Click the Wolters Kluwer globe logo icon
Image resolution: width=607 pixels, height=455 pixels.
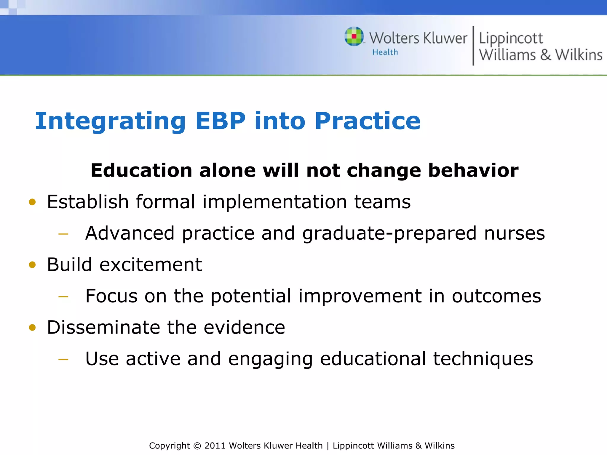[x=354, y=36]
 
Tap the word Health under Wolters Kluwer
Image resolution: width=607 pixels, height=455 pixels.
[x=385, y=52]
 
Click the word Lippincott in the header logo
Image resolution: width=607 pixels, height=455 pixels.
[x=511, y=39]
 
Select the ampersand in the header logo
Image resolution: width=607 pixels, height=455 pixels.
[x=545, y=55]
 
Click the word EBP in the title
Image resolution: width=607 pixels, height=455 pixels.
[x=221, y=121]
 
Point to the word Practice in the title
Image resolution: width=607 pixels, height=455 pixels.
[x=367, y=121]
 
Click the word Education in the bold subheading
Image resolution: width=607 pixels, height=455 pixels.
[x=141, y=171]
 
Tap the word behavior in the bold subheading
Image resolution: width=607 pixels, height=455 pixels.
[x=473, y=171]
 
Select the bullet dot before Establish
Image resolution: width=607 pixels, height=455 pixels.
[x=32, y=202]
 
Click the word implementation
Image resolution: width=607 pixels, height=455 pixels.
[x=274, y=202]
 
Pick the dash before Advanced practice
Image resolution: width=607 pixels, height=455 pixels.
[x=63, y=234]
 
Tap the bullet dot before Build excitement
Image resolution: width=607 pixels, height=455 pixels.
[x=32, y=265]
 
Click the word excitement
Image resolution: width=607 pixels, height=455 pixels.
[x=151, y=265]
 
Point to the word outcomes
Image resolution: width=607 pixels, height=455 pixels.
[x=496, y=296]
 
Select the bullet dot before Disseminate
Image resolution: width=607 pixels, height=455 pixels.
[x=32, y=328]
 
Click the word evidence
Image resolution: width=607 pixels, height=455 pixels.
[x=244, y=327]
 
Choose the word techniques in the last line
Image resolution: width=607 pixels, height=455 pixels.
[x=483, y=359]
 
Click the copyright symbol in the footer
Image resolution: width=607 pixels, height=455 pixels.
[x=197, y=446]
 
